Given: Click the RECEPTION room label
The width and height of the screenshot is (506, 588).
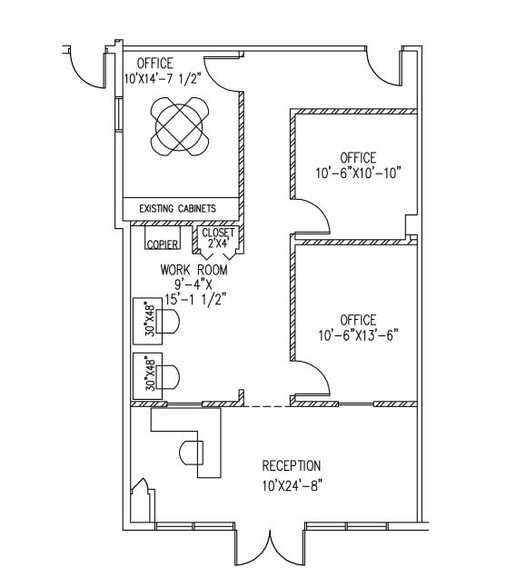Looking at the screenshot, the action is tap(291, 466).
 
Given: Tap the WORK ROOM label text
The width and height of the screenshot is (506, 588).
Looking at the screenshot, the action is tap(194, 270).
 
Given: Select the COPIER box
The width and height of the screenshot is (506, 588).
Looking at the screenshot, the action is tap(162, 238).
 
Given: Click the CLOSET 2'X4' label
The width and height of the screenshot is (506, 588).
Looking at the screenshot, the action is tap(218, 238).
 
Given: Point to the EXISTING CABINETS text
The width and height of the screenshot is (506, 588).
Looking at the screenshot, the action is tap(177, 208).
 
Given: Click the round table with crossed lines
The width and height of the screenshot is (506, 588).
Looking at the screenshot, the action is tap(179, 127).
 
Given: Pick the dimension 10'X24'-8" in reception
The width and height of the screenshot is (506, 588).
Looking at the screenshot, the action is tap(292, 486).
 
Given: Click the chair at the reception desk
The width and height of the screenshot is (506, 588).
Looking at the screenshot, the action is tap(191, 452).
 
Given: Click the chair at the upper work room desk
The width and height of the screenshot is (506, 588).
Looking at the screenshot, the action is tap(168, 321).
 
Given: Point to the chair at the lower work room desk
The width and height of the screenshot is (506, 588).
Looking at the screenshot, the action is tap(168, 376).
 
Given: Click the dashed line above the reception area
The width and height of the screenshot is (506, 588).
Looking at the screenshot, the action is tap(267, 406).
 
